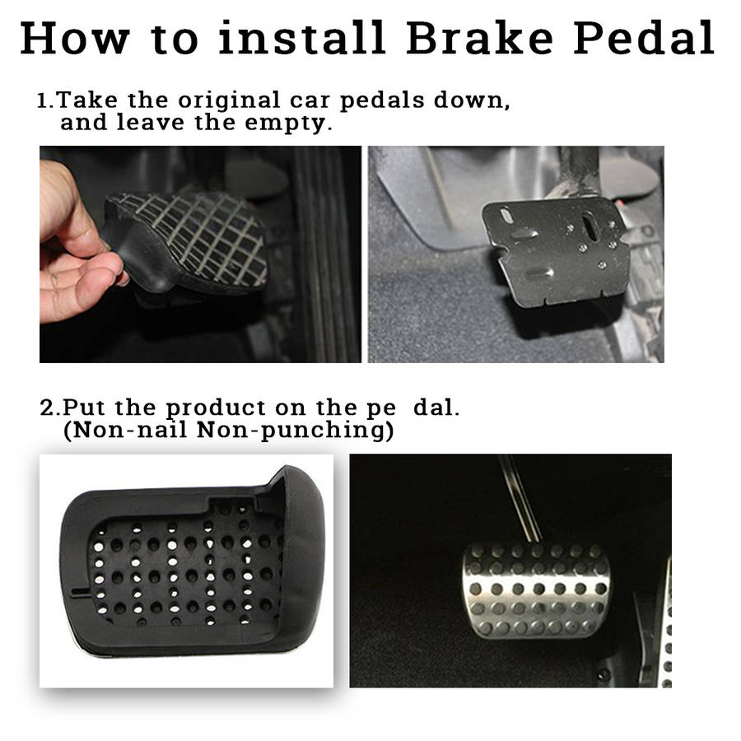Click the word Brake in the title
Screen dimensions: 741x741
[479, 38]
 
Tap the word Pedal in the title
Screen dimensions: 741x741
[644, 38]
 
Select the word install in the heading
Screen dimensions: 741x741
[301, 38]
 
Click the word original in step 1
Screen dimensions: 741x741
[229, 101]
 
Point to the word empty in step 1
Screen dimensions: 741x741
[286, 123]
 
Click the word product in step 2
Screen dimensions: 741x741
[216, 408]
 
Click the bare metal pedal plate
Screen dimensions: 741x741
[555, 250]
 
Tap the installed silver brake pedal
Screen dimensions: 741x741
[537, 590]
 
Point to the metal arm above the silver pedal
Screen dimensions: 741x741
[520, 499]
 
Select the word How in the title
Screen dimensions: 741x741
[75, 38]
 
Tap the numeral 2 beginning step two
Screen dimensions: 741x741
[47, 408]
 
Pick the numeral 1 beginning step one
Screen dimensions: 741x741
[43, 100]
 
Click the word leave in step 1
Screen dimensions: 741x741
[151, 123]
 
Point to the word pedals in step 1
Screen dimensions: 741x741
[382, 101]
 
